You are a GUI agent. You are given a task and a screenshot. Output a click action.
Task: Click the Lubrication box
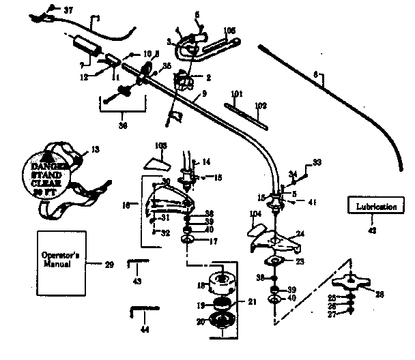372,206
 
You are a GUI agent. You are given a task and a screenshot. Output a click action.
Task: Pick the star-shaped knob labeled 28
352,282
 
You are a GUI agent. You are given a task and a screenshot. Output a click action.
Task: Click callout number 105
229,30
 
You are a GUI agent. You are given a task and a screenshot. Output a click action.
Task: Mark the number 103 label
161,146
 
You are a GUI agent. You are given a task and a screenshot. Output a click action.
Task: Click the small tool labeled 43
135,262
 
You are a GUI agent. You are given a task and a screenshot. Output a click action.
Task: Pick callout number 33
316,162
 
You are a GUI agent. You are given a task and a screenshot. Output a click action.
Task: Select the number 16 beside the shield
126,203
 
